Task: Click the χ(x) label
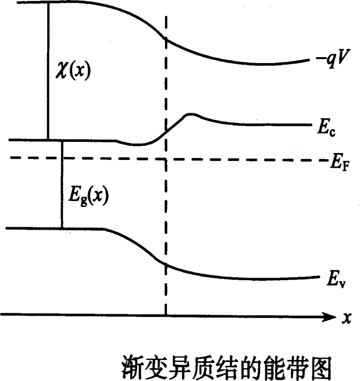(x=73, y=71)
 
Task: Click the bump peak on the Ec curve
(x=191, y=115)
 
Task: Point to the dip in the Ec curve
(x=138, y=145)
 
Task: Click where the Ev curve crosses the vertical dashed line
(x=166, y=264)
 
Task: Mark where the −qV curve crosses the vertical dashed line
(x=166, y=40)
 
